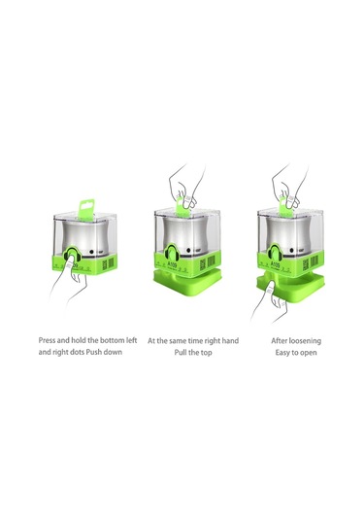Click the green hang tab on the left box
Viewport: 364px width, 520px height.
point(86,208)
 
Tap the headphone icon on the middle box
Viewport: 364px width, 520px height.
point(172,254)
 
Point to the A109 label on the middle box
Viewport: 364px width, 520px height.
point(172,265)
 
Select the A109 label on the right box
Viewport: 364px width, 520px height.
point(276,264)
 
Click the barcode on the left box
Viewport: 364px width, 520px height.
point(111,262)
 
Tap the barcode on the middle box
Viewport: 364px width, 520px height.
point(211,261)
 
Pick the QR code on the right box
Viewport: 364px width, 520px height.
point(306,264)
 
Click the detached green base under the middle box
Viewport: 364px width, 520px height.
point(187,281)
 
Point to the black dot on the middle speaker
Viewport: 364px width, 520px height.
point(188,251)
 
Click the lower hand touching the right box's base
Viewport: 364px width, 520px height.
point(270,300)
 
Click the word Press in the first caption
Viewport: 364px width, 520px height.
point(47,340)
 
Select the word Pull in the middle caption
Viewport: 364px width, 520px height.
point(181,352)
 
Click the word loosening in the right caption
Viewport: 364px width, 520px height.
point(305,341)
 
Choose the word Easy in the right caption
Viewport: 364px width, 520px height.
point(282,353)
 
